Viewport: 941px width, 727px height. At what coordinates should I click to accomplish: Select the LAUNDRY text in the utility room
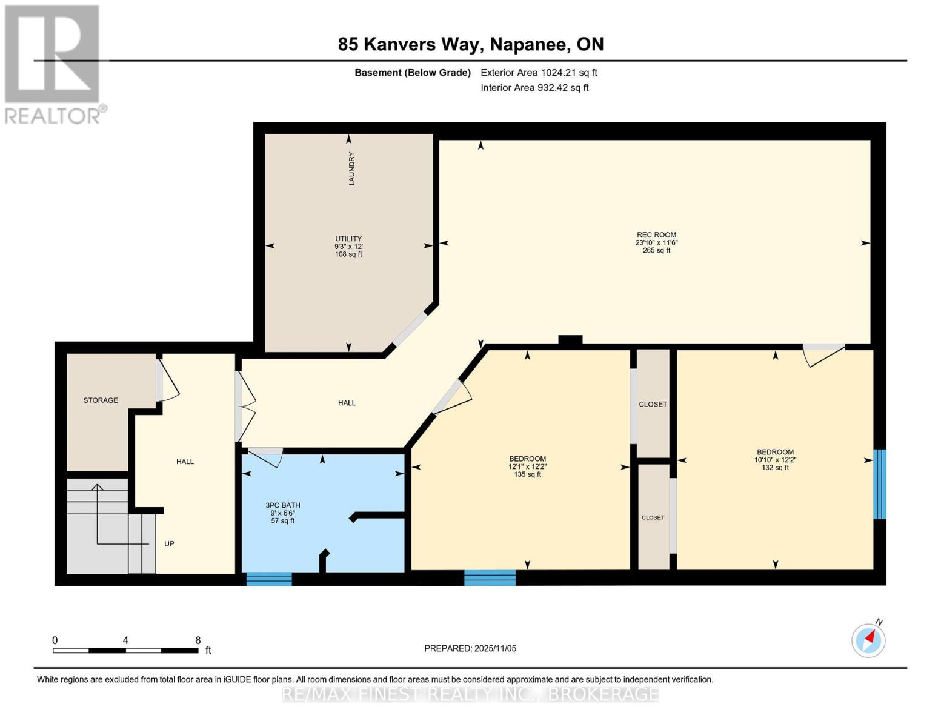(x=351, y=168)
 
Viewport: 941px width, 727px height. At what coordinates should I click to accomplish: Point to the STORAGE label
(x=101, y=400)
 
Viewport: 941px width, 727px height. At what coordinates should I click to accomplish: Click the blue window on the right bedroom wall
(x=879, y=483)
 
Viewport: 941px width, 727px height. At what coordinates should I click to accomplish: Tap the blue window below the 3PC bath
(x=269, y=579)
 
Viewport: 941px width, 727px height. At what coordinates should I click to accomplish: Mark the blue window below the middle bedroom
(x=490, y=577)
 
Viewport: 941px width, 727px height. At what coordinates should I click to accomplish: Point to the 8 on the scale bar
(x=198, y=640)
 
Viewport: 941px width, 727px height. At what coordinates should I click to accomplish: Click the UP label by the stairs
(x=169, y=543)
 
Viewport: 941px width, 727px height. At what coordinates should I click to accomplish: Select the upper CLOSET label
(x=653, y=404)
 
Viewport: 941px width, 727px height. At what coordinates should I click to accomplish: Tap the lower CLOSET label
(x=653, y=517)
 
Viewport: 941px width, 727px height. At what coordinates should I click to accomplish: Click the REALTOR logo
(x=53, y=64)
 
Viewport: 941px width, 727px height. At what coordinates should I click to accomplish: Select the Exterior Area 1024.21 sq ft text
(x=539, y=73)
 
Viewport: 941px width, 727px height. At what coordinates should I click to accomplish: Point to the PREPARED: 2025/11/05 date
(x=470, y=648)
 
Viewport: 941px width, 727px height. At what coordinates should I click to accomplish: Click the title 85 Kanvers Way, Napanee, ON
(x=471, y=44)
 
